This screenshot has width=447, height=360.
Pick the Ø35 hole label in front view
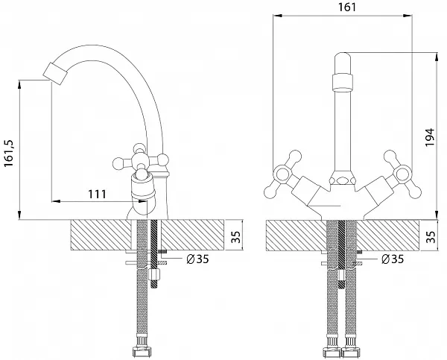[392, 259]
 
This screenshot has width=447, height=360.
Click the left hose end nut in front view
[331, 350]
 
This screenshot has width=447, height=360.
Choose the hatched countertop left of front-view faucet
[294, 236]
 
